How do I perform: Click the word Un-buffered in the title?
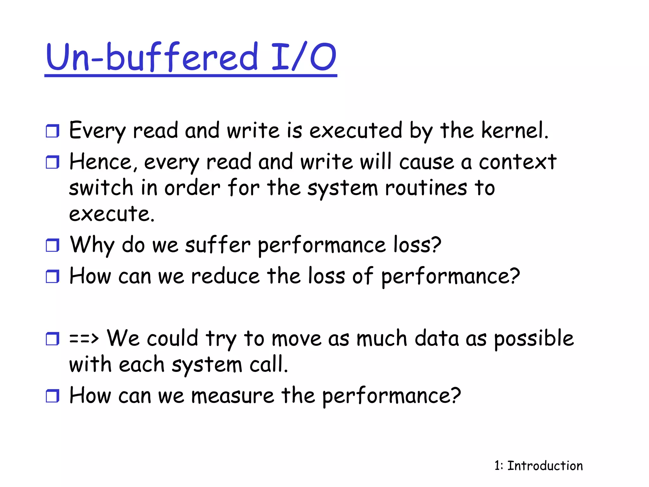pos(151,57)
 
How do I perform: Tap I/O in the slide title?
pos(304,57)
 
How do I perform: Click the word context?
pos(517,162)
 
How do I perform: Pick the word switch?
pos(101,187)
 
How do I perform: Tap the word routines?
pos(426,188)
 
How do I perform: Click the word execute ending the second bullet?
pos(112,214)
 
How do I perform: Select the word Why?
pos(92,245)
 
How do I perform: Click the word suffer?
pos(217,245)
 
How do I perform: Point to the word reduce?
pos(225,276)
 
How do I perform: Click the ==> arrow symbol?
pos(84,338)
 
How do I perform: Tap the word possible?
pos(534,339)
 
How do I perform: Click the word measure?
pos(233,396)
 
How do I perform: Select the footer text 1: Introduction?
pos(538,466)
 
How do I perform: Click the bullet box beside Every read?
pos(52,131)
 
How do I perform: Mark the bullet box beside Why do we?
pos(52,245)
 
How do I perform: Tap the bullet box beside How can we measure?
pos(52,396)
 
